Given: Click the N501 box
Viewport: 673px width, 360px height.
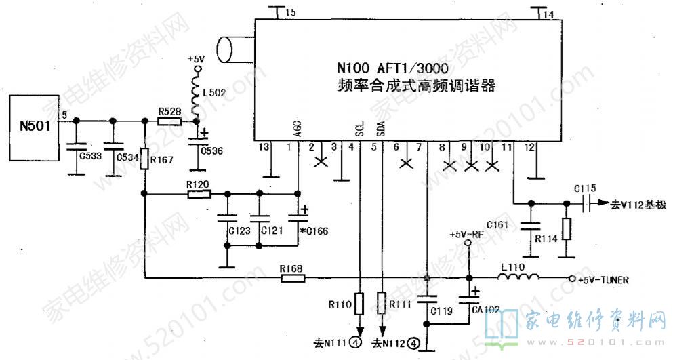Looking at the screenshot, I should point(34,126).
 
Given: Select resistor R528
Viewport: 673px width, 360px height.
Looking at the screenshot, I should point(169,121).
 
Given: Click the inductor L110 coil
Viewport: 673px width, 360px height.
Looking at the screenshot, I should point(520,278).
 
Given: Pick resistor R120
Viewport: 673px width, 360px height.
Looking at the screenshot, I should point(199,194).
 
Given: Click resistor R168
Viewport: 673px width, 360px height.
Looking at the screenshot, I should point(292,277).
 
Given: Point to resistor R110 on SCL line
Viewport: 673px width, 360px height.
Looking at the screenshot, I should point(359,302).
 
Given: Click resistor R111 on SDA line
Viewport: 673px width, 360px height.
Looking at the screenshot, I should point(382,302).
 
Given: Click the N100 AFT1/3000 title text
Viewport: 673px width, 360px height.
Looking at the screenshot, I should point(392,69).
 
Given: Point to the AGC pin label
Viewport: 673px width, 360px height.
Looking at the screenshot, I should point(298,129).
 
